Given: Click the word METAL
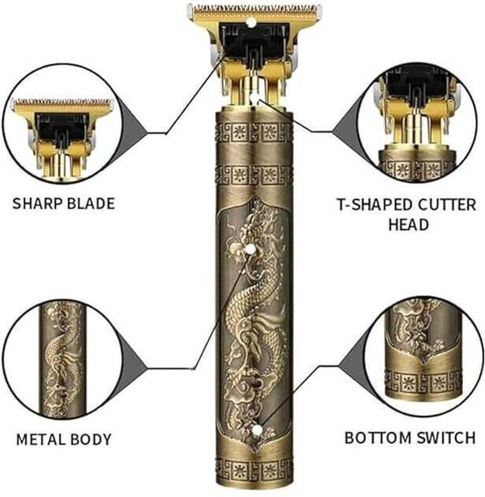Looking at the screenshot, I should click(40, 440).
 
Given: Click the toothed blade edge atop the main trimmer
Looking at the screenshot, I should click(253, 11).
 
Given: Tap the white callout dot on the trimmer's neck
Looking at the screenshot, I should click(251, 100).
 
